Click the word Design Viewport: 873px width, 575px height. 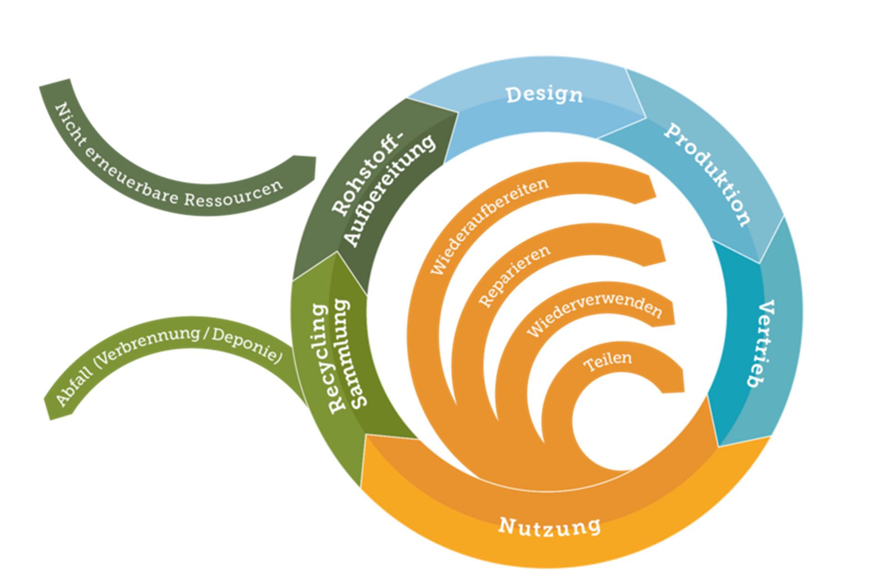[x=544, y=95]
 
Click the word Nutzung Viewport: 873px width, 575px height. [x=550, y=526]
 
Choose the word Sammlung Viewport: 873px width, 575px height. [x=350, y=353]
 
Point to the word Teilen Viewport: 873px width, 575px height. [x=607, y=361]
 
